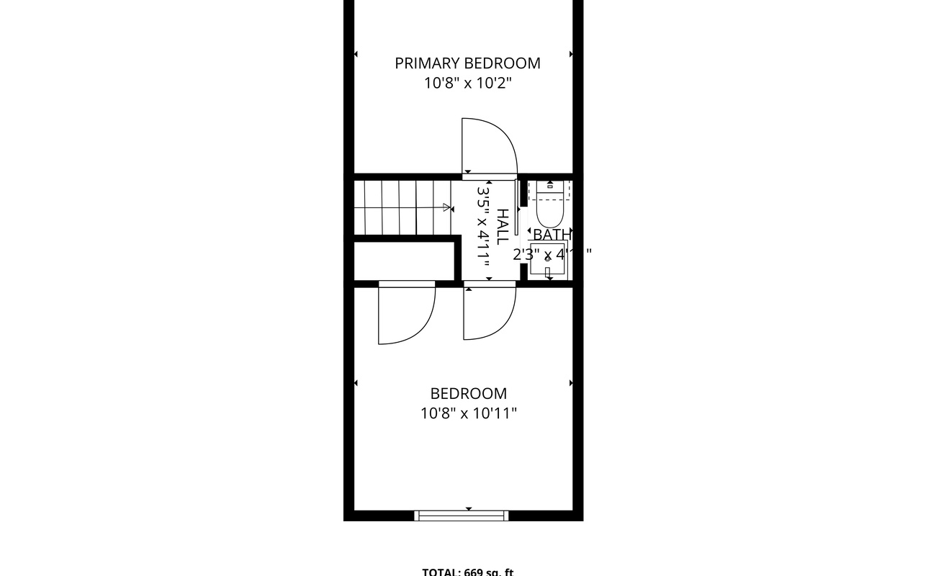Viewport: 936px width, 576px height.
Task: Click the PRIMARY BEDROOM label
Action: pyautogui.click(x=467, y=63)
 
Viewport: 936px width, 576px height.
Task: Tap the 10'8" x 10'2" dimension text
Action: pyautogui.click(x=467, y=84)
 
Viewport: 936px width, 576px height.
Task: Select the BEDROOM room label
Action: pyautogui.click(x=468, y=394)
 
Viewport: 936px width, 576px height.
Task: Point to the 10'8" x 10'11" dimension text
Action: pyautogui.click(x=468, y=413)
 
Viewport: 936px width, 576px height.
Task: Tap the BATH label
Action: pyautogui.click(x=552, y=235)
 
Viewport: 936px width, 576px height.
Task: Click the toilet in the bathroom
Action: pyautogui.click(x=551, y=212)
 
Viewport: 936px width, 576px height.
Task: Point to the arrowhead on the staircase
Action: pyautogui.click(x=447, y=208)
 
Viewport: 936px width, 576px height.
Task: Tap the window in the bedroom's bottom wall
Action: pyautogui.click(x=462, y=515)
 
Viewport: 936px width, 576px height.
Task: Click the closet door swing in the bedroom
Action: pyautogui.click(x=405, y=313)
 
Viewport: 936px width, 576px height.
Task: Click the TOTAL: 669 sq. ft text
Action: pyautogui.click(x=468, y=572)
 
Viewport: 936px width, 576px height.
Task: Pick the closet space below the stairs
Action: pyautogui.click(x=403, y=260)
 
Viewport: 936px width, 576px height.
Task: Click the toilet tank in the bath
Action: pyautogui.click(x=550, y=189)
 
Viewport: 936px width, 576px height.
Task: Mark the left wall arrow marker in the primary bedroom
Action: pyautogui.click(x=355, y=54)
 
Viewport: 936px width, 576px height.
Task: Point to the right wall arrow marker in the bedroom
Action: pyautogui.click(x=571, y=383)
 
